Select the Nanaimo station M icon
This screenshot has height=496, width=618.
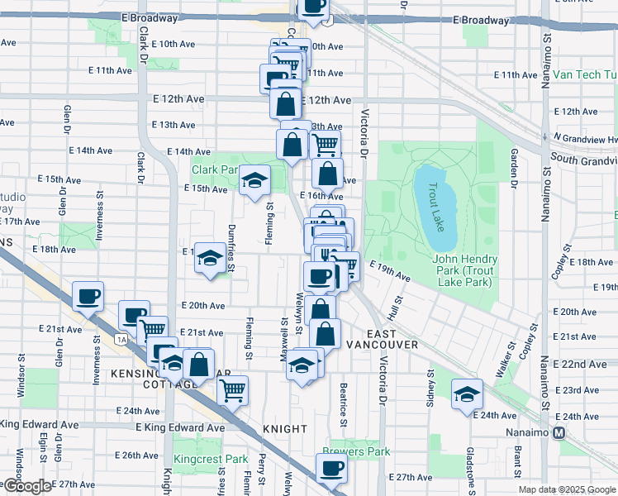coord(559,433)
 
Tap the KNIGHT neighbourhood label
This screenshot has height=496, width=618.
coord(285,429)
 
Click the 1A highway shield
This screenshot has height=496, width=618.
coord(122,339)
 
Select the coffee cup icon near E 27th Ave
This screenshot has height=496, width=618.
coord(332,468)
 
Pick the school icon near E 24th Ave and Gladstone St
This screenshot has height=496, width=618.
coord(468,393)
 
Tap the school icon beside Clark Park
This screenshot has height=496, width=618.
coord(255,179)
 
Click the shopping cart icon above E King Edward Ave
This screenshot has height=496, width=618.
coord(233,389)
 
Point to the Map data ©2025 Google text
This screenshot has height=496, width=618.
coord(567,489)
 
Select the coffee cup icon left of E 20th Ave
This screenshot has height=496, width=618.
coord(88,296)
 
